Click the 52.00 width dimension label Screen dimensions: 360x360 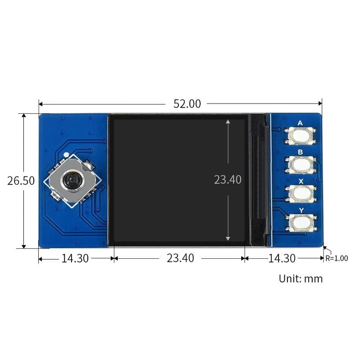click(x=187, y=103)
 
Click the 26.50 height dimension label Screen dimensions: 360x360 click(x=21, y=180)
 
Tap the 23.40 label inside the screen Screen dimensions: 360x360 click(x=228, y=180)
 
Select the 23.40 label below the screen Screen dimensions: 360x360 click(x=180, y=258)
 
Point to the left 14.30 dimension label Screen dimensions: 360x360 click(x=75, y=258)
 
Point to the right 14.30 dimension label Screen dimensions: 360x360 click(x=282, y=258)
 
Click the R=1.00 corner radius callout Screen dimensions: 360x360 click(x=337, y=258)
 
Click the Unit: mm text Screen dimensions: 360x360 click(x=301, y=279)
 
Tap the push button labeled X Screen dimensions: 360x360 click(x=300, y=194)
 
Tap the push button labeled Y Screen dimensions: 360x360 click(x=300, y=222)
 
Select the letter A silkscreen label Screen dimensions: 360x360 click(x=300, y=123)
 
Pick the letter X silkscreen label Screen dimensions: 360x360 click(x=300, y=180)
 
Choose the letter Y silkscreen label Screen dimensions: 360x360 click(x=300, y=209)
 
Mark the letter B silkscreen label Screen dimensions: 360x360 click(x=300, y=152)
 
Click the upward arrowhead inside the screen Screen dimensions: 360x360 click(x=228, y=121)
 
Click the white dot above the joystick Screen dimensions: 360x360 click(x=67, y=155)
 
